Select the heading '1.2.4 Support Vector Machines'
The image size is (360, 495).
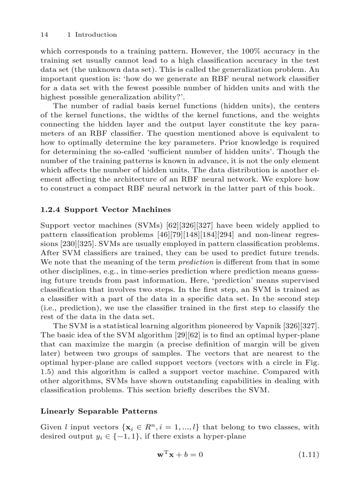(105, 209)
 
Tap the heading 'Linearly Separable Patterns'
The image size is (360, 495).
(99, 411)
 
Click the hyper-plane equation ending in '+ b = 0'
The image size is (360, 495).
(180, 454)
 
